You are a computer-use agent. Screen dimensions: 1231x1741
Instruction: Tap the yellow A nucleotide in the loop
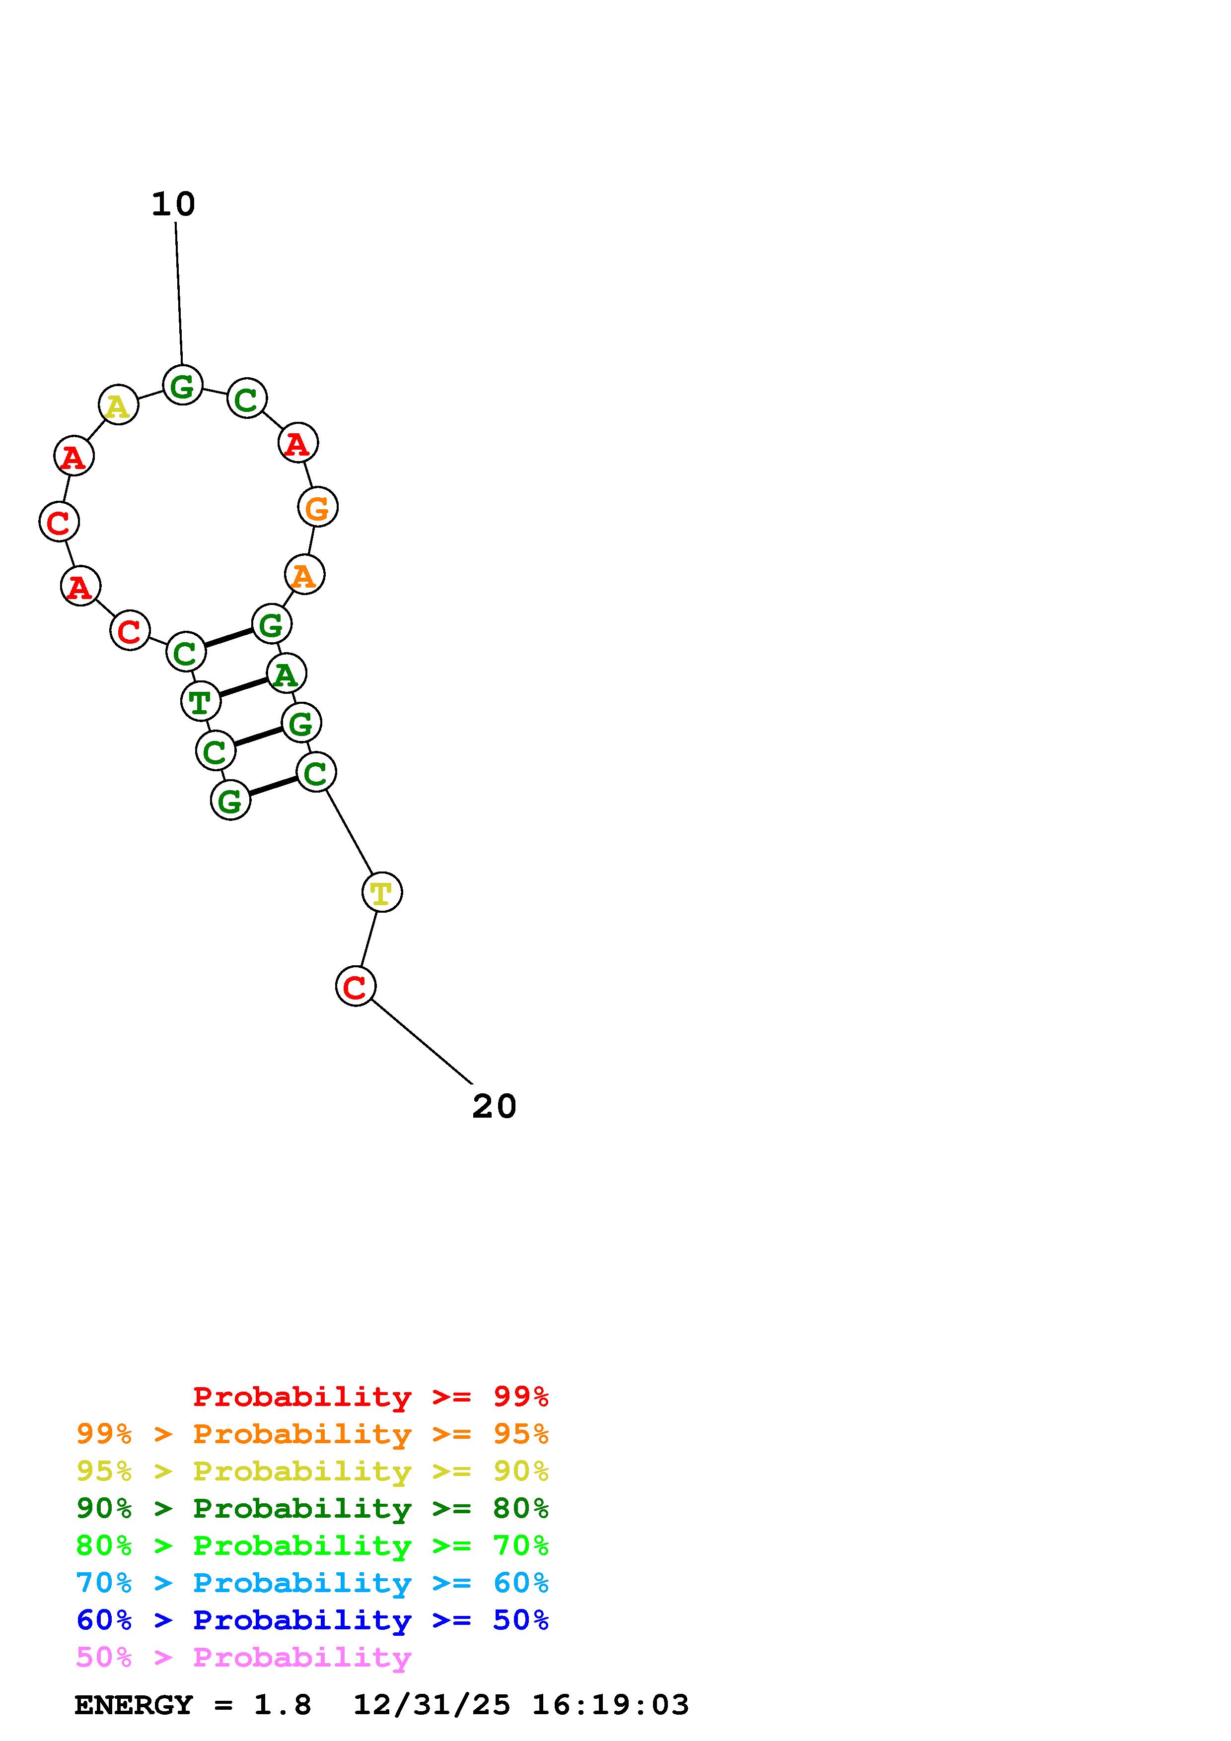[x=118, y=405]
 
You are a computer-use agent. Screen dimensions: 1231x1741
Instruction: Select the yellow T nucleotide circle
[x=381, y=892]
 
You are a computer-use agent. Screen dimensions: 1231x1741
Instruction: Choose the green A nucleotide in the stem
[x=287, y=673]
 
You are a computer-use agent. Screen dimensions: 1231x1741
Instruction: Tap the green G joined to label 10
[x=183, y=385]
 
